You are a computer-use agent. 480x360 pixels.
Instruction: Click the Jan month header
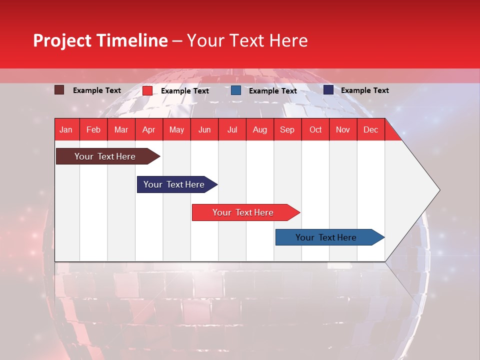click(x=66, y=130)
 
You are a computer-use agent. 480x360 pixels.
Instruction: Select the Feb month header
click(x=93, y=130)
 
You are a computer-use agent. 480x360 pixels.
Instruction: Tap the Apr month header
click(x=148, y=130)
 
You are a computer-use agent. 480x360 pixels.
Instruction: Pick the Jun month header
click(x=204, y=130)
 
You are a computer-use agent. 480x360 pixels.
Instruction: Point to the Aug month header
click(x=259, y=130)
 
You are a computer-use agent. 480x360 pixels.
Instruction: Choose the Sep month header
click(x=287, y=130)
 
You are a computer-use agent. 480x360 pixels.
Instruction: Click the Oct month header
click(x=315, y=130)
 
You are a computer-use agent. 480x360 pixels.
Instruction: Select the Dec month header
click(x=370, y=130)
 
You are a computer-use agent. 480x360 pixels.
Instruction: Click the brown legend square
click(x=59, y=90)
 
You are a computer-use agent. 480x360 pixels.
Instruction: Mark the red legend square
click(x=147, y=90)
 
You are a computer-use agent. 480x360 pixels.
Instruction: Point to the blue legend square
click(x=236, y=90)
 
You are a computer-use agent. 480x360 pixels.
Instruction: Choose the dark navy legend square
click(x=328, y=90)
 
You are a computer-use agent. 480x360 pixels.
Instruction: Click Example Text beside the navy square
click(x=364, y=90)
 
